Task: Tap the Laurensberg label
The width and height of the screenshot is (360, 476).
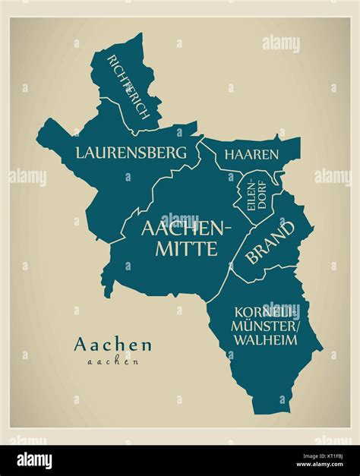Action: point(131,153)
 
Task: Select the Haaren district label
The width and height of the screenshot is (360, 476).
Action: point(251,155)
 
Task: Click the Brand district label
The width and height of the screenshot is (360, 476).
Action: point(270,242)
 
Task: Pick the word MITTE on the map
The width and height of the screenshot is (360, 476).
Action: point(185,248)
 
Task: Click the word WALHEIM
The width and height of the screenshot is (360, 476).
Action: point(265,340)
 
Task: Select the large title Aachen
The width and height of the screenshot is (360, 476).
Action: point(112,345)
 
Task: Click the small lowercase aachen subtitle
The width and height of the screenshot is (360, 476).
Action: point(112,361)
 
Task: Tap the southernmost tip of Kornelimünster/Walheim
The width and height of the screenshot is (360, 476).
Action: point(262,415)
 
